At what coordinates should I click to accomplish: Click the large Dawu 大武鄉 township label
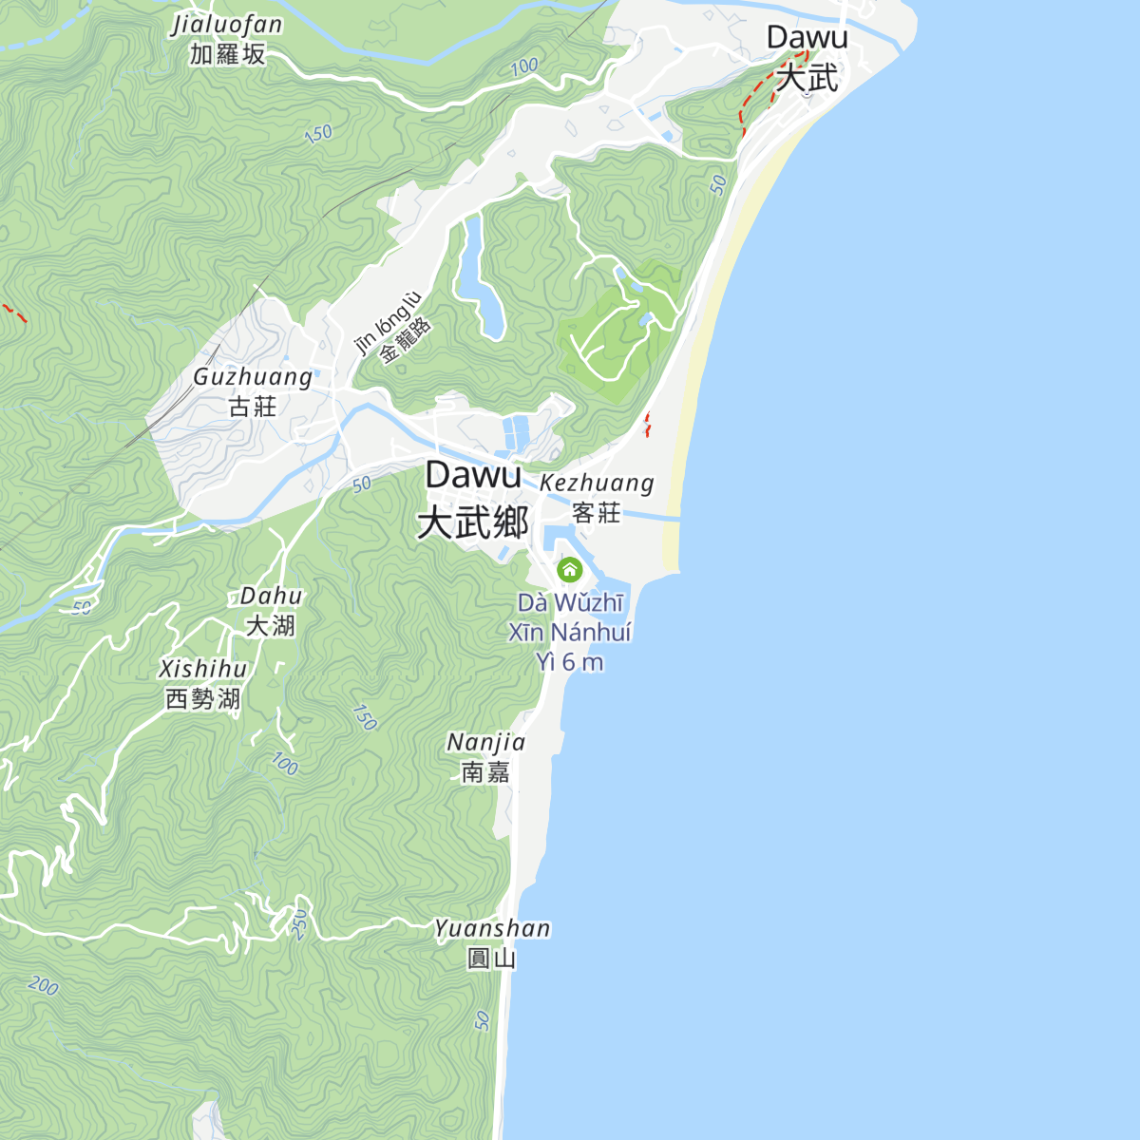pos(473,500)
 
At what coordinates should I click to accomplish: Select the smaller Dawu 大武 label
pos(807,57)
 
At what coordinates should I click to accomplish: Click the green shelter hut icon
pos(569,570)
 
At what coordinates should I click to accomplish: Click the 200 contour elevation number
pos(43,986)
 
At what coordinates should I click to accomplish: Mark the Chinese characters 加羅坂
pos(227,54)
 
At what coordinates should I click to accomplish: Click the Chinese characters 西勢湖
pos(203,699)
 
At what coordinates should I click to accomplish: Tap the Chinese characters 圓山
pos(492,958)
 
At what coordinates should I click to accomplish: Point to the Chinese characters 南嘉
pos(485,772)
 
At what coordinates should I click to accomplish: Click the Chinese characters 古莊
pos(253,407)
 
